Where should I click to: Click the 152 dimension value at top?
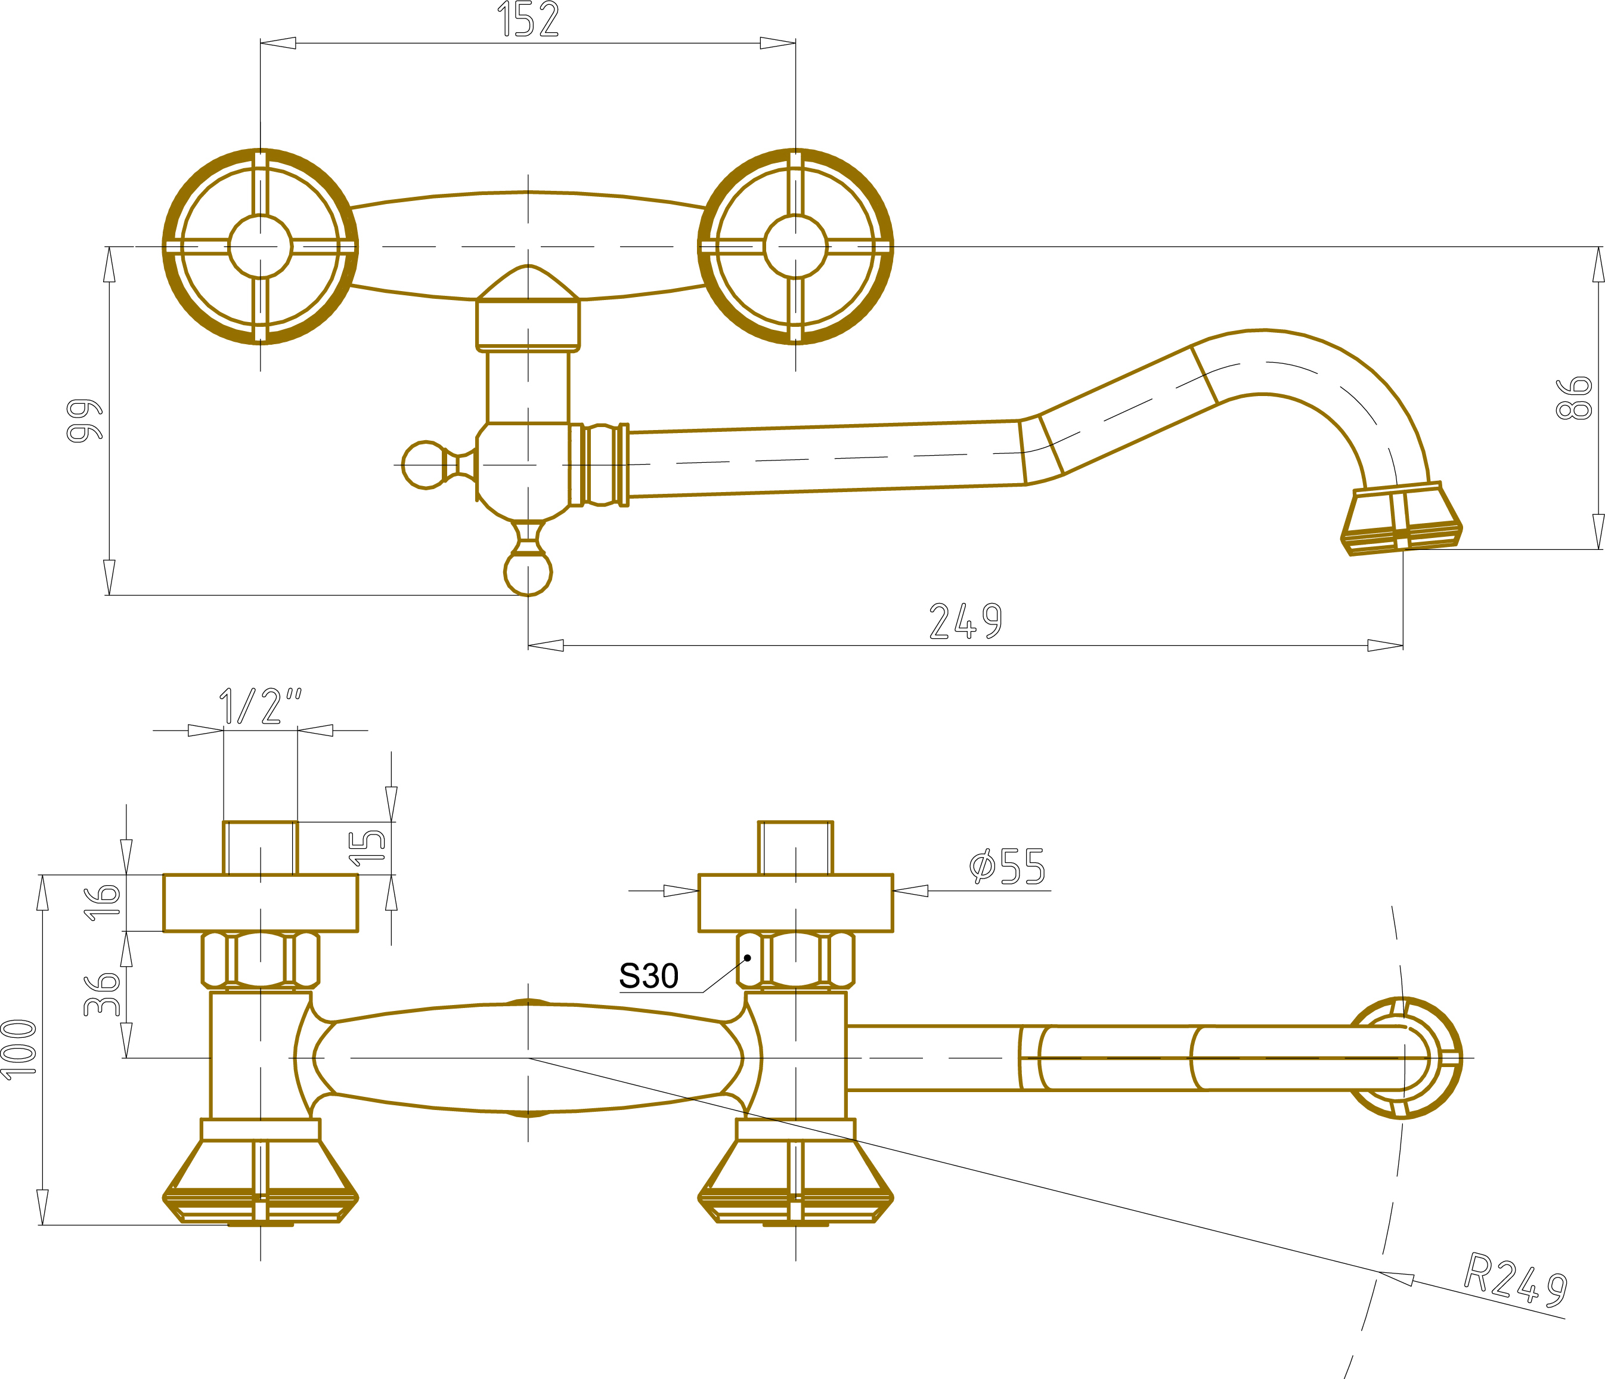click(x=528, y=19)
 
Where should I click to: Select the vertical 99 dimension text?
click(x=85, y=420)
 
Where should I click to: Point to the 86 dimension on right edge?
click(x=1573, y=398)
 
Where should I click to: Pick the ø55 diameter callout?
click(x=1007, y=866)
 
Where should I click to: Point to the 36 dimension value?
click(x=101, y=995)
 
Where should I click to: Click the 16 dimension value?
click(x=101, y=902)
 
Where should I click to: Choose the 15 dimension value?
click(x=367, y=848)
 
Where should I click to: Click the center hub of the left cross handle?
click(x=261, y=246)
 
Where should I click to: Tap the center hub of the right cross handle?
click(x=795, y=246)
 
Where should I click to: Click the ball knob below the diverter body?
click(x=528, y=573)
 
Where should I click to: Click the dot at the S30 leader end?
click(x=748, y=957)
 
